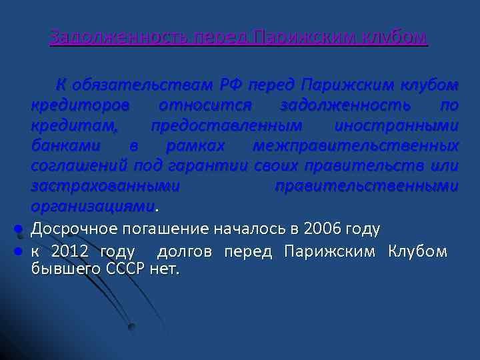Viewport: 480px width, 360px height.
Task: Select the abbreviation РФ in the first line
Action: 231,85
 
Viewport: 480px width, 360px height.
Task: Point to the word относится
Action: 205,105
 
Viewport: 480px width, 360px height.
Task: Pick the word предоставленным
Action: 226,125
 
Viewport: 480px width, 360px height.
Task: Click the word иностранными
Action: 397,125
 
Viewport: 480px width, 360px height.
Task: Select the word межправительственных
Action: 356,145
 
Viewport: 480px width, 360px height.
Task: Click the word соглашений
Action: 80,165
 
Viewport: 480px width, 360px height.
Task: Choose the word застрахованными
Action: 105,185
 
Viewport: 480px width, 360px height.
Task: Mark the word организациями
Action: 92,205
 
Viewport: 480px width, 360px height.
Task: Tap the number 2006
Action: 321,229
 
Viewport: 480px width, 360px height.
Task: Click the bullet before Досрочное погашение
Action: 20,230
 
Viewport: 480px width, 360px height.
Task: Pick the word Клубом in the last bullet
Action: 417,252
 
